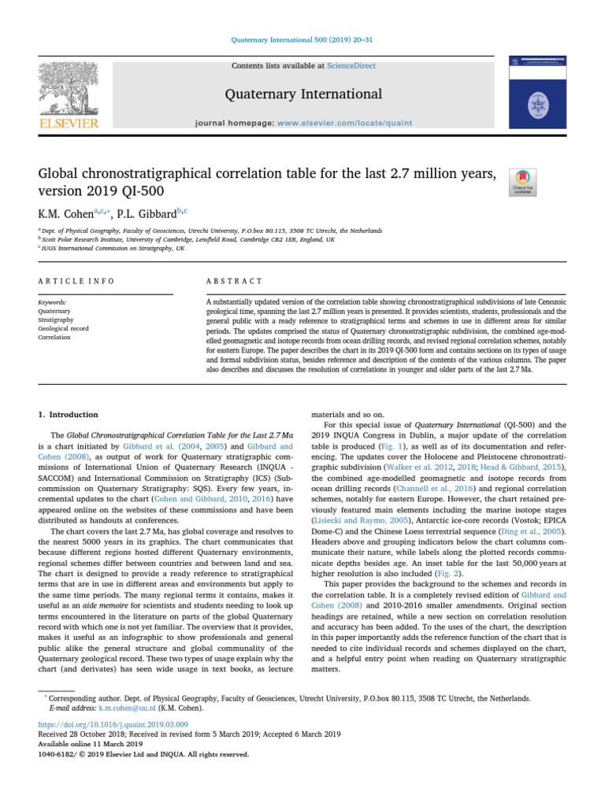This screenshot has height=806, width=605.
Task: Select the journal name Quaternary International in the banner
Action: tap(303, 94)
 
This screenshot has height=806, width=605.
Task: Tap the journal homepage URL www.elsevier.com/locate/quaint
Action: tap(343, 124)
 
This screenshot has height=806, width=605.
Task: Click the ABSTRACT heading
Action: tap(234, 281)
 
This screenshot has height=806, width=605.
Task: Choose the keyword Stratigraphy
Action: tap(54, 320)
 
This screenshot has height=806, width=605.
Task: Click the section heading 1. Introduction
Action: tap(69, 414)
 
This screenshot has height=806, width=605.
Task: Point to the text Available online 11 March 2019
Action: tap(91, 744)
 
